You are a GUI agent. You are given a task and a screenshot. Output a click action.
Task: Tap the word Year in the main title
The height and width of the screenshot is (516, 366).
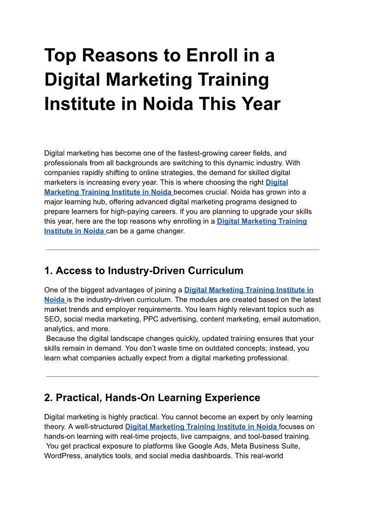pos(258,104)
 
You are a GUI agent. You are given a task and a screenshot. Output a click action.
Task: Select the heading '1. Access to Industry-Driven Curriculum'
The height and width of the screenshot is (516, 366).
pos(144,271)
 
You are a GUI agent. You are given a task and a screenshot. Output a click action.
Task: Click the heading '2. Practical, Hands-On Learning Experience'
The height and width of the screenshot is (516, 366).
pos(152,397)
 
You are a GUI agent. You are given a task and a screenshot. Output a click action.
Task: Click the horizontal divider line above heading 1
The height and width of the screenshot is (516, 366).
pos(183,249)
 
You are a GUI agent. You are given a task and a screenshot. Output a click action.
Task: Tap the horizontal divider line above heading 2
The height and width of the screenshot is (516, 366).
pos(183,376)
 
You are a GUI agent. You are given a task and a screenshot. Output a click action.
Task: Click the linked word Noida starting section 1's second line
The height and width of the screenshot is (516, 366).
pos(54,300)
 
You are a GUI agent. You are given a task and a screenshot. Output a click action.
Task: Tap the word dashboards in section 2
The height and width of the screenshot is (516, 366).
pos(209,456)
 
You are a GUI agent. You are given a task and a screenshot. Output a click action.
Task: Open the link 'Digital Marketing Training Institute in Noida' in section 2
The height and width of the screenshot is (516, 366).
pos(201,427)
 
